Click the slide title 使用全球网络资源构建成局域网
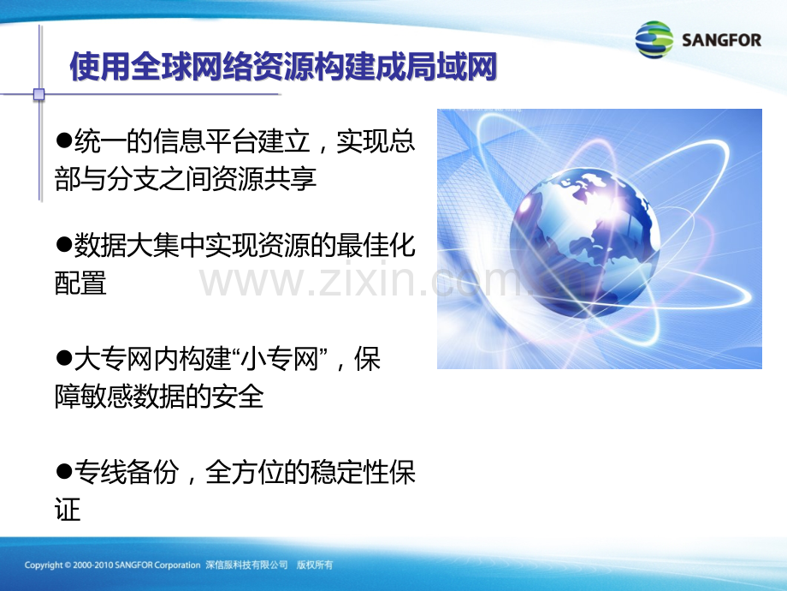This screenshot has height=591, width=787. click(x=283, y=67)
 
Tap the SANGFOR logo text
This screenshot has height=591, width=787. click(x=726, y=40)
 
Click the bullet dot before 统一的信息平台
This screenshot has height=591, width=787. click(x=63, y=140)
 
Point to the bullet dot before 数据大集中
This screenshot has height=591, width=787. click(x=63, y=246)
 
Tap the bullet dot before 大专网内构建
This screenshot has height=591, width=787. click(x=63, y=359)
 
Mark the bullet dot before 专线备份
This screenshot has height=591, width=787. click(x=63, y=472)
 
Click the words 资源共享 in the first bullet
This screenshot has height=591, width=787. click(x=264, y=179)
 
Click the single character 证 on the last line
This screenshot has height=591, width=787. click(x=68, y=510)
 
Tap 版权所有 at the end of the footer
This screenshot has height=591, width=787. click(x=314, y=565)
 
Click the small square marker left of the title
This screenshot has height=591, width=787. click(x=38, y=94)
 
